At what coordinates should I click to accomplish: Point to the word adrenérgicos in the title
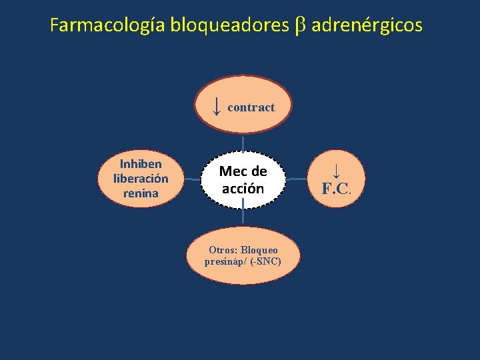pos(367,26)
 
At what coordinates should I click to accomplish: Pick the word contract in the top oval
pos(251,107)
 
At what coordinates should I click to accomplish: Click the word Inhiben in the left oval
pos(141,164)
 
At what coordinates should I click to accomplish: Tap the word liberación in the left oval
pos(141,179)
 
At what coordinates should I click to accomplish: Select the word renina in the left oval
pos(141,193)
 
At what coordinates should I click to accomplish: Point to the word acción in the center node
pos(243,189)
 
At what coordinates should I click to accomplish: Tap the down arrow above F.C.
pos(337,171)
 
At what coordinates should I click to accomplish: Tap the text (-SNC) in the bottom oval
pos(265,261)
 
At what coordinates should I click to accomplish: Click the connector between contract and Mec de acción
pos(243,141)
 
